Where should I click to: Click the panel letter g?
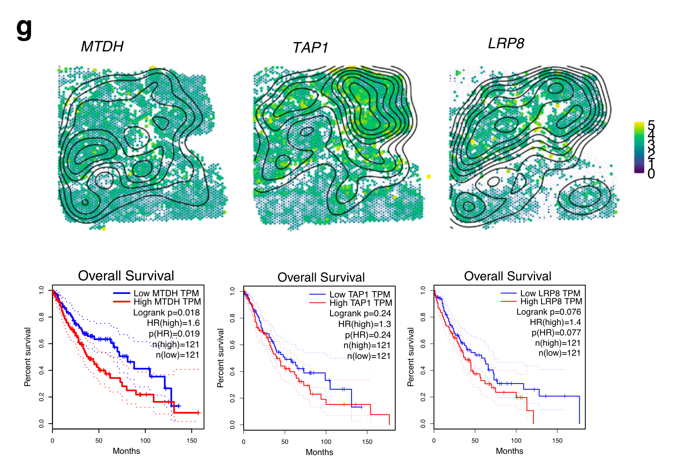pos(24,29)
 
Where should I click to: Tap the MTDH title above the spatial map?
pos(102,47)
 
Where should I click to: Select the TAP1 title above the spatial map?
pos(310,48)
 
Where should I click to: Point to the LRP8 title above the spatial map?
pos(506,43)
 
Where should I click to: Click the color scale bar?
pos(639,148)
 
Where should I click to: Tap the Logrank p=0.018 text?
pos(166,313)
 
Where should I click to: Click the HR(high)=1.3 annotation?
pos(364,324)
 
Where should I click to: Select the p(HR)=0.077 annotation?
pos(556,333)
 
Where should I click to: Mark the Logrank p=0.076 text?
pos(549,312)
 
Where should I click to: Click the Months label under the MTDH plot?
pos(126,451)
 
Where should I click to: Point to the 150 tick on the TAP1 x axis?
pos(367,442)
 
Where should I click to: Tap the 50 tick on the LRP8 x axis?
pos(475,441)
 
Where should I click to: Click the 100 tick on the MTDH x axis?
pos(145,441)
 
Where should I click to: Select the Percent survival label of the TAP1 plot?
pos(220,358)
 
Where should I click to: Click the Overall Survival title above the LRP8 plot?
pos(508,276)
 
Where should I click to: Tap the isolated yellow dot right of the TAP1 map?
pos(429,176)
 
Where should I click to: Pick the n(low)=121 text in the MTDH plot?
pos(177,355)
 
